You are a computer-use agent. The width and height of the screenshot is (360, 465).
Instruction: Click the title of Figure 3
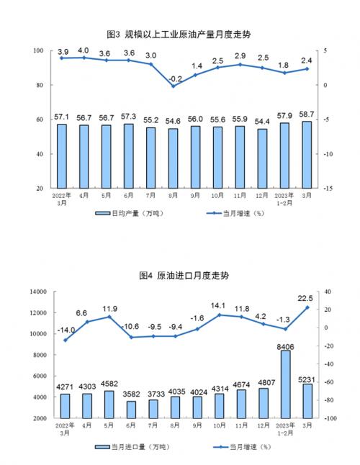pyautogui.click(x=179, y=35)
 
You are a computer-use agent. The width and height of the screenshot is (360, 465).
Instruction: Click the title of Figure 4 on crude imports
pyautogui.click(x=184, y=276)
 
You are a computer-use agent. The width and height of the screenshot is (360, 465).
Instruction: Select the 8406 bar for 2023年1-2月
pyautogui.click(x=285, y=384)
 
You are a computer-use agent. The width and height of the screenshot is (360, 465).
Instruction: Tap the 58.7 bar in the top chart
pyautogui.click(x=307, y=155)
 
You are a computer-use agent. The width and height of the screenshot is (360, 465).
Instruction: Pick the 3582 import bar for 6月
pyautogui.click(x=131, y=410)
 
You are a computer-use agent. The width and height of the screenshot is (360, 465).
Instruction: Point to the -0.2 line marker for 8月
pyautogui.click(x=174, y=86)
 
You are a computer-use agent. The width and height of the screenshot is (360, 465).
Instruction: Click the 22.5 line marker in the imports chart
pyautogui.click(x=307, y=307)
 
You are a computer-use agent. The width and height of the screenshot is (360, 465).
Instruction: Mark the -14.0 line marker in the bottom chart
pyautogui.click(x=66, y=340)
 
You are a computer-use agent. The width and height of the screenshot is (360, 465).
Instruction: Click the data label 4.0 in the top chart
pyautogui.click(x=84, y=50)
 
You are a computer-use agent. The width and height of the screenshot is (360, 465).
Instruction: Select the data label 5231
pyautogui.click(x=306, y=379)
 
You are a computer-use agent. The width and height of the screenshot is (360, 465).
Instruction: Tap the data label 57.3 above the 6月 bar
pyautogui.click(x=128, y=117)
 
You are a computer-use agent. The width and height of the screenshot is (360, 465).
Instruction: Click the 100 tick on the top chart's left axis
pyautogui.click(x=39, y=50)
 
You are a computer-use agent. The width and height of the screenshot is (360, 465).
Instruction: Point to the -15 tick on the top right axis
pyautogui.click(x=327, y=189)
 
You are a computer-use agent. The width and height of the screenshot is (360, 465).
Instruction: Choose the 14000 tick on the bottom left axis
pyautogui.click(x=39, y=292)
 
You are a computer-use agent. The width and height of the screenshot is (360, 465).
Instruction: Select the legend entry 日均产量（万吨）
pyautogui.click(x=130, y=213)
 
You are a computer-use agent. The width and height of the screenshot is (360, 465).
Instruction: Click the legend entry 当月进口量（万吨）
pyautogui.click(x=132, y=446)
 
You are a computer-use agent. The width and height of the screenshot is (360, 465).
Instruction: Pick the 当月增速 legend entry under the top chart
pyautogui.click(x=235, y=213)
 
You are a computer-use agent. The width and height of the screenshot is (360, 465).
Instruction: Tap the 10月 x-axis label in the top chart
pyautogui.click(x=217, y=196)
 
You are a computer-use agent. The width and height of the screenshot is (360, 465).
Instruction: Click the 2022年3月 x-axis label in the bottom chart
pyautogui.click(x=65, y=429)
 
